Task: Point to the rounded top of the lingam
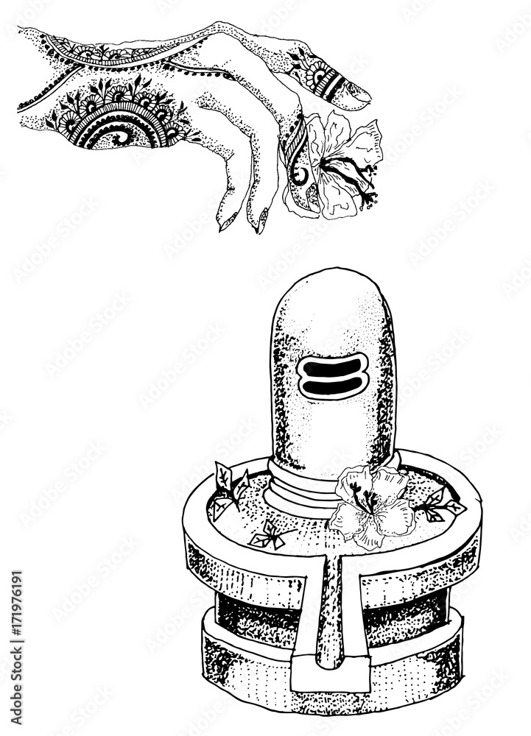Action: click(x=331, y=294)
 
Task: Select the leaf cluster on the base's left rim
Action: click(x=229, y=489)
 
